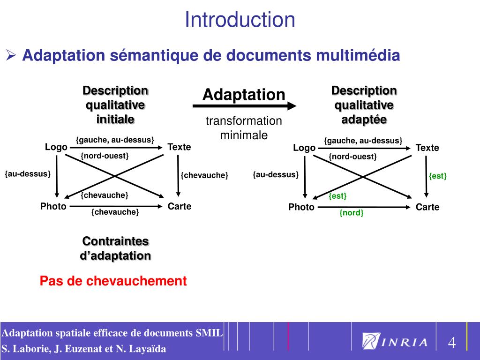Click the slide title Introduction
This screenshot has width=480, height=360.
240,20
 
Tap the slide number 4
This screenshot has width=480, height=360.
452,343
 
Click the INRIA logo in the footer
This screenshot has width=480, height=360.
396,342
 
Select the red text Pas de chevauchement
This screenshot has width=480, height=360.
113,281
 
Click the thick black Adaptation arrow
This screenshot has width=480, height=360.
244,106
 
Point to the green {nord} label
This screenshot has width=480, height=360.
352,213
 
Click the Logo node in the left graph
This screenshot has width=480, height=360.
56,147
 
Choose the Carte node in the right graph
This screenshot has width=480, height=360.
427,207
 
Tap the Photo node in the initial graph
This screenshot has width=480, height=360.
53,206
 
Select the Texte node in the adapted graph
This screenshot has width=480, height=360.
427,148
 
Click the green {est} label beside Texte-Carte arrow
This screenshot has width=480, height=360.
438,176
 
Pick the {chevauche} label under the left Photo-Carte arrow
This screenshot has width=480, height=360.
115,212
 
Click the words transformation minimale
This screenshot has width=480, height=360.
244,128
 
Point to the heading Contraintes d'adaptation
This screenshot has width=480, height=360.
116,248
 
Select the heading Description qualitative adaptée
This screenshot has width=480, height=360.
364,105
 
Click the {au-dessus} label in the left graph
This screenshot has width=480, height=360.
28,174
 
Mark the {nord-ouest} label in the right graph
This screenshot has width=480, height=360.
352,157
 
